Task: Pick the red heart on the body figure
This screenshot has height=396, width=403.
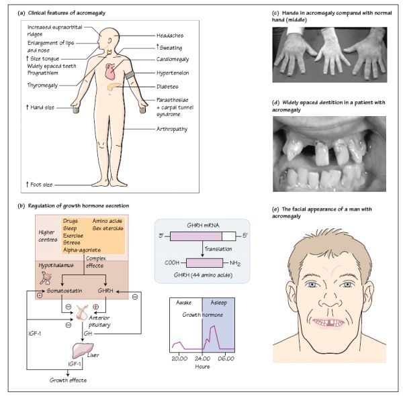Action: point(114,72)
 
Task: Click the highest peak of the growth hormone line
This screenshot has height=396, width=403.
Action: point(214,326)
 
